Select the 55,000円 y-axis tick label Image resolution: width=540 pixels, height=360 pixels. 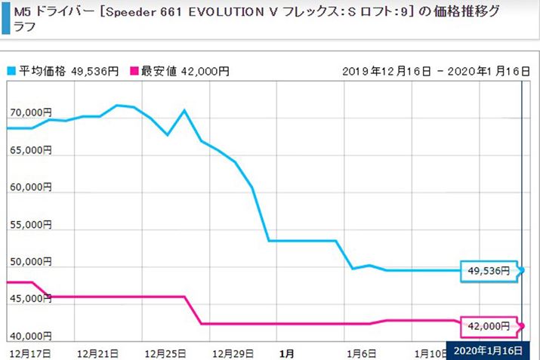[x=29, y=225]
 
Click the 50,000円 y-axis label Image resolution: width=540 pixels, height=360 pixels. [x=29, y=262]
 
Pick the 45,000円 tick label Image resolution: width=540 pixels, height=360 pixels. [x=29, y=299]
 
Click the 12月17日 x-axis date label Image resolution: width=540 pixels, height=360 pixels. [x=30, y=352]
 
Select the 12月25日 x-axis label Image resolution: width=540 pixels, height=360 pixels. [x=166, y=352]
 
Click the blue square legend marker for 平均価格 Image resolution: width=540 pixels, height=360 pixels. [x=11, y=71]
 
